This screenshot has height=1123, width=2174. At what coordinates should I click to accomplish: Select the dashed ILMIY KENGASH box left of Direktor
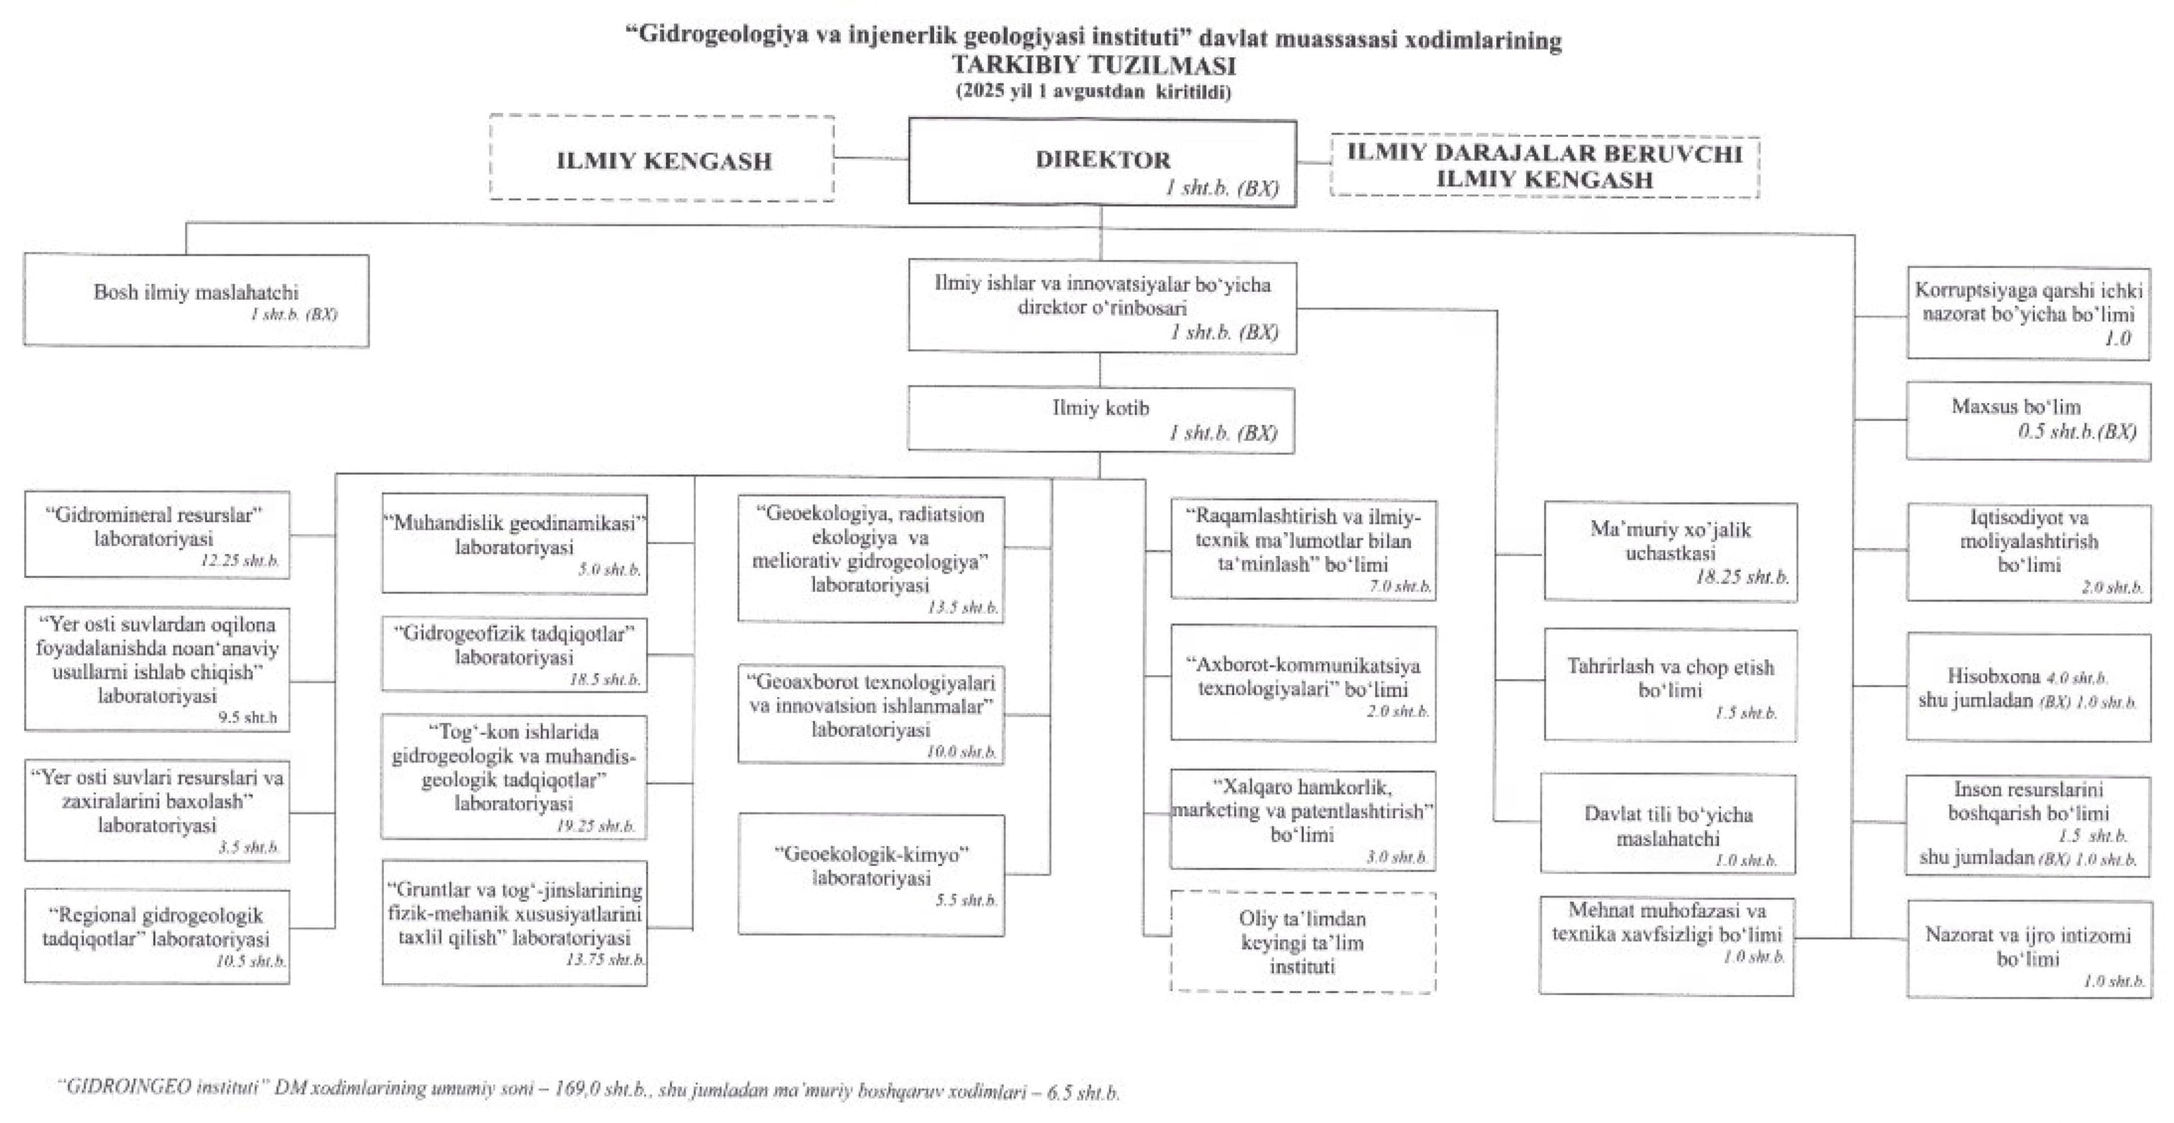click(662, 160)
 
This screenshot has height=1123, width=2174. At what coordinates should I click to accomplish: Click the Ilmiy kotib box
click(1101, 419)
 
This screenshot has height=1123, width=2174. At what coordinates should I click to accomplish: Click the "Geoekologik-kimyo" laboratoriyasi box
click(871, 873)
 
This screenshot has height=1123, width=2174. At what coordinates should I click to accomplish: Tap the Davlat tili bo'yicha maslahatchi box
click(1668, 825)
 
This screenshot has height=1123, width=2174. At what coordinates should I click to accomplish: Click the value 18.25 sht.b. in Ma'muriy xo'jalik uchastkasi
click(1742, 578)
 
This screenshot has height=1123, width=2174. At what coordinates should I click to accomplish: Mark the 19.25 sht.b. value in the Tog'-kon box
click(595, 826)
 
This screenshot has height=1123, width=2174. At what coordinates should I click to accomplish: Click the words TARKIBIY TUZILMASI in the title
click(1094, 65)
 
